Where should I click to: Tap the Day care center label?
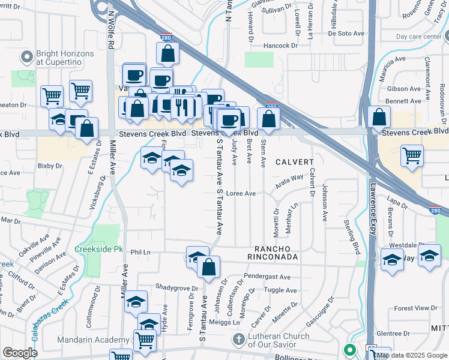click(418, 37)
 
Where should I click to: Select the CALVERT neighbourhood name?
click(295, 162)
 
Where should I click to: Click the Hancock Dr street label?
click(279, 46)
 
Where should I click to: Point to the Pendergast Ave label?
click(268, 277)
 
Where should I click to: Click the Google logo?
click(20, 353)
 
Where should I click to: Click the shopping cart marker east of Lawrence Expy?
click(412, 157)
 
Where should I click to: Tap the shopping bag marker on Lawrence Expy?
click(379, 118)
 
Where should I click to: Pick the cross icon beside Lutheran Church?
click(238, 339)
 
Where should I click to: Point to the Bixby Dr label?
click(50, 166)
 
